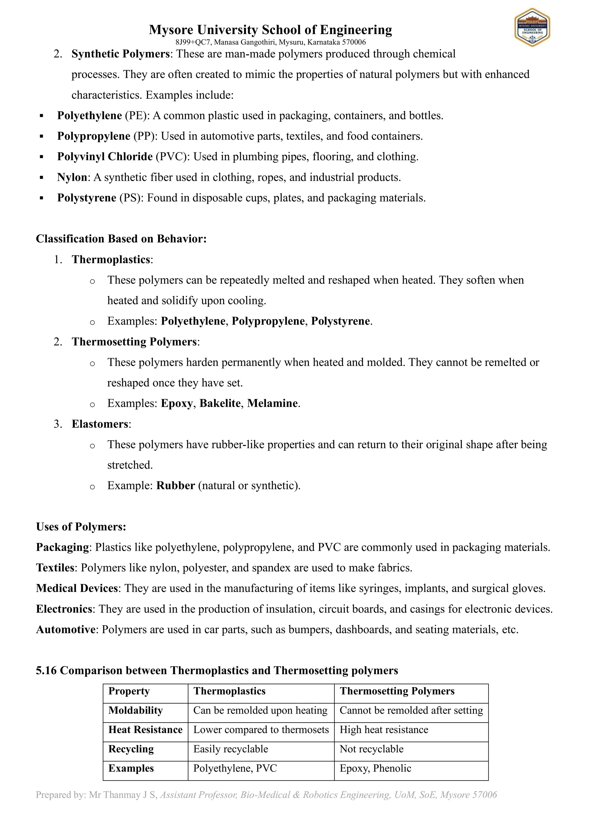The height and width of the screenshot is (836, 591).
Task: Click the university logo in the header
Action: pyautogui.click(x=532, y=28)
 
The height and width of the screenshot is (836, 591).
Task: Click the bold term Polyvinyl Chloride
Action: pyautogui.click(x=105, y=157)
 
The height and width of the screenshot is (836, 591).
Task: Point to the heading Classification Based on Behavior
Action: pyautogui.click(x=121, y=239)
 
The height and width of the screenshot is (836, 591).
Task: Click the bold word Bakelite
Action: pyautogui.click(x=220, y=403)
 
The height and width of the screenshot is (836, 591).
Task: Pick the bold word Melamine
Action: pyautogui.click(x=272, y=403)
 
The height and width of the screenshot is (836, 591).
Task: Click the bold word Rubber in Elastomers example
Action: pyautogui.click(x=175, y=486)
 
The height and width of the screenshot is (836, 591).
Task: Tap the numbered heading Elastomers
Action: pyautogui.click(x=100, y=424)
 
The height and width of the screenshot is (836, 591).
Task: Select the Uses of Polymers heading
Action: pyautogui.click(x=81, y=527)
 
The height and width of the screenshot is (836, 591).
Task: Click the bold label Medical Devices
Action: pyautogui.click(x=77, y=588)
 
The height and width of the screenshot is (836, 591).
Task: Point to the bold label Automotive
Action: pyautogui.click(x=66, y=630)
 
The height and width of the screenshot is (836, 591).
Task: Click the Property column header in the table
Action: pyautogui.click(x=129, y=691)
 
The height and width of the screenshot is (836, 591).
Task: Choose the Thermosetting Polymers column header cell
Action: pyautogui.click(x=397, y=691)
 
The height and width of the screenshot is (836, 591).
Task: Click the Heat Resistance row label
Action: pyautogui.click(x=145, y=730)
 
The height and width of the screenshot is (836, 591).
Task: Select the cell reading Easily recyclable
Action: pyautogui.click(x=231, y=749)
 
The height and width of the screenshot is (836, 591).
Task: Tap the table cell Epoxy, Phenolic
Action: pyautogui.click(x=375, y=768)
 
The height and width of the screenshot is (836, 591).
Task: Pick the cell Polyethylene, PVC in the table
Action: pyautogui.click(x=235, y=768)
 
